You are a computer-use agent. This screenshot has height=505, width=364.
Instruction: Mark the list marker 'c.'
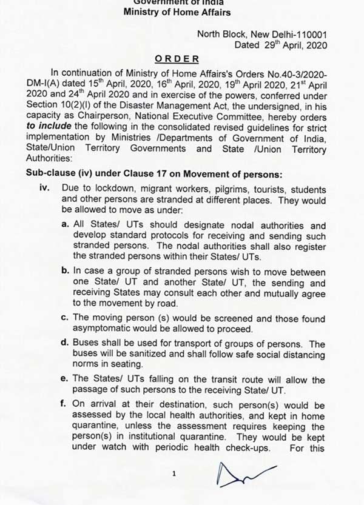click(x=66, y=318)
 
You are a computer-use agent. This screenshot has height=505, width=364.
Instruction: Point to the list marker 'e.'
click(x=66, y=379)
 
